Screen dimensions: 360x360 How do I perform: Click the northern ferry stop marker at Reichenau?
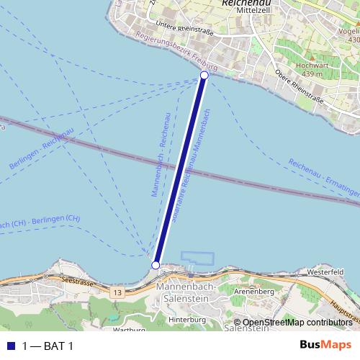coord(204,75)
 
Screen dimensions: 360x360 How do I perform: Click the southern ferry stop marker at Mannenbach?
coord(156,266)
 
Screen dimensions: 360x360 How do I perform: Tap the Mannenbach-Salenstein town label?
coord(181,294)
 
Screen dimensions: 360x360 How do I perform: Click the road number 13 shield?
coord(117,293)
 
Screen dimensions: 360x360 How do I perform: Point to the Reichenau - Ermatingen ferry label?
coord(323,180)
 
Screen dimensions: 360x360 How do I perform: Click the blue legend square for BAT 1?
coord(11,346)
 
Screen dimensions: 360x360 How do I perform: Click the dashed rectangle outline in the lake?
coord(199,258)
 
